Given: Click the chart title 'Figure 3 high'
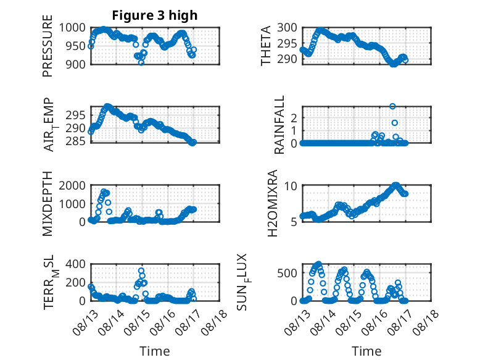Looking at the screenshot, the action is click(x=155, y=15).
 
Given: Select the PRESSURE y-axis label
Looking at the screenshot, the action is click(x=48, y=46).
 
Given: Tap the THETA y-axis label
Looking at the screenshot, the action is click(x=266, y=46).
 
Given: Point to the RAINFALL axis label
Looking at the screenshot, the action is click(x=279, y=125).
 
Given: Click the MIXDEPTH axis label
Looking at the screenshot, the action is click(x=48, y=203).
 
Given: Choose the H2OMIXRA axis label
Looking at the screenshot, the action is click(x=272, y=203).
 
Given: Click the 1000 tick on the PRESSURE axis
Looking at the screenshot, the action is click(x=72, y=28).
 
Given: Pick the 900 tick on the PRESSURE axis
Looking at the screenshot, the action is click(x=76, y=64).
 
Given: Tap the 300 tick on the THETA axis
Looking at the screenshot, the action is click(x=287, y=28).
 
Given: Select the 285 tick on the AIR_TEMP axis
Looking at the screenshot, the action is click(x=76, y=141).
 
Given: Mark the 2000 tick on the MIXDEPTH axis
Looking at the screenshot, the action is click(x=72, y=185).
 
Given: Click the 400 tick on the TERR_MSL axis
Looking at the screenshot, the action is click(x=76, y=264).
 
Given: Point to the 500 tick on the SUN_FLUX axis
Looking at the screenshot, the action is click(x=287, y=273).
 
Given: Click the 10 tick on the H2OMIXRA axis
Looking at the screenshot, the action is click(x=291, y=186).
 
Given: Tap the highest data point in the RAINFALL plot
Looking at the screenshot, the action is click(x=392, y=106).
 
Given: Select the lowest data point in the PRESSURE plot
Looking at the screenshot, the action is click(x=141, y=63).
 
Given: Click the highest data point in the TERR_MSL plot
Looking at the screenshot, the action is click(x=141, y=271).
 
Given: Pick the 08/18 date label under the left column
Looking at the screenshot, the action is click(x=215, y=322).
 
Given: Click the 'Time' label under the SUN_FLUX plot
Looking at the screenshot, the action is click(x=366, y=351).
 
